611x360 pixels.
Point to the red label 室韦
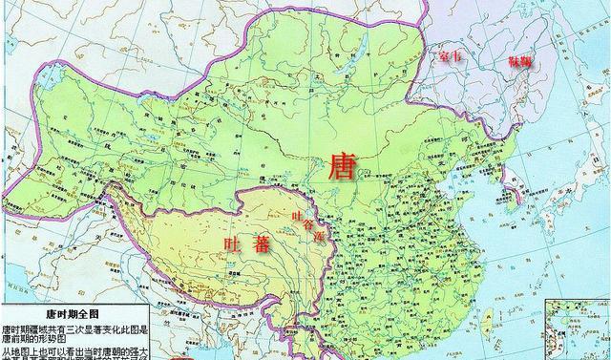(449, 59)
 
